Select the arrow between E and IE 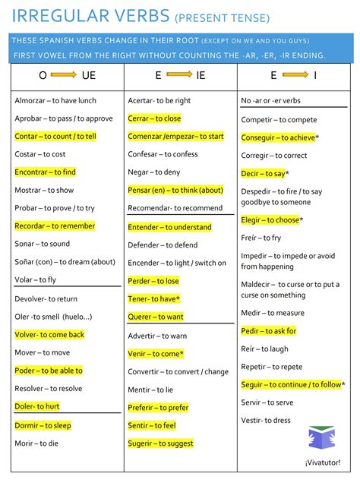pos(179,75)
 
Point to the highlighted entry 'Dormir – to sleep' pos(43,425)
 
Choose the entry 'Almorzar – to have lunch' pos(55,100)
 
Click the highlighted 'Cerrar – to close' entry pos(154,118)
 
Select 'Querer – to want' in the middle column pos(156,317)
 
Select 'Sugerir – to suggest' pos(160,443)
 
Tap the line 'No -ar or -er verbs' pos(270,100)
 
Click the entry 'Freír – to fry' pos(261,238)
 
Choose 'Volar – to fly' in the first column pos(35,279)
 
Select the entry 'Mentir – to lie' pos(150,390)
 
